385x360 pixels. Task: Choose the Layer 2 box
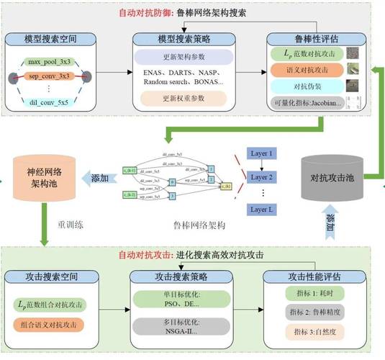pyautogui.click(x=261, y=176)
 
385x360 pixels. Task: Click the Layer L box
pyautogui.click(x=261, y=210)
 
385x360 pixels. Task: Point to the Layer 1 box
pyautogui.click(x=261, y=153)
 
